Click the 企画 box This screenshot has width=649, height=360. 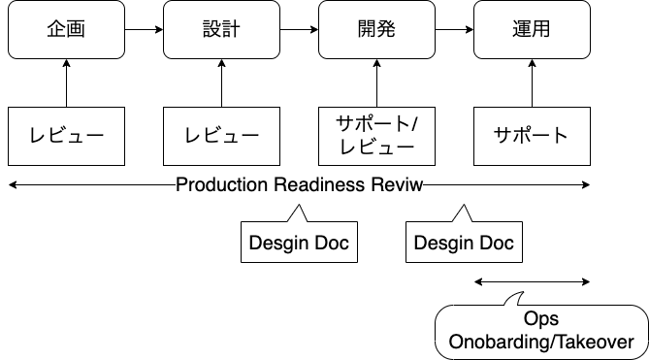pos(66,29)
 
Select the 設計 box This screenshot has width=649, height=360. pos(221,29)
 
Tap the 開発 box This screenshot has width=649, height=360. pos(376,29)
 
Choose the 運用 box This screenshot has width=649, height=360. pos(532,29)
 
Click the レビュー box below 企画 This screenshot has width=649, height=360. pos(66,135)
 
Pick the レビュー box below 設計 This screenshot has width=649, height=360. pos(221,135)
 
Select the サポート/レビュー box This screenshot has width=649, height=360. pos(376,135)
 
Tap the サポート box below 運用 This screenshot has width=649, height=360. pos(532,135)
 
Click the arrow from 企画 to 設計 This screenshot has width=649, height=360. pos(144,29)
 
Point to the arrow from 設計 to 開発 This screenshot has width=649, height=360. pos(299,29)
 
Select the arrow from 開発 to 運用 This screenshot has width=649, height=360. pos(454,29)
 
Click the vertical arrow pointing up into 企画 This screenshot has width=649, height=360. pos(66,82)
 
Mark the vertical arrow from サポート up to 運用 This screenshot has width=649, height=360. pos(532,82)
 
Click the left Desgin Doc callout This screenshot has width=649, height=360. pos(299,242)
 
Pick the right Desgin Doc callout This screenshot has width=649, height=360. pos(464,242)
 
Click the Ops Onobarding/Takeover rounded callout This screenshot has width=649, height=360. pos(541,331)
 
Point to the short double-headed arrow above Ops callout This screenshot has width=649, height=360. pos(532,281)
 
